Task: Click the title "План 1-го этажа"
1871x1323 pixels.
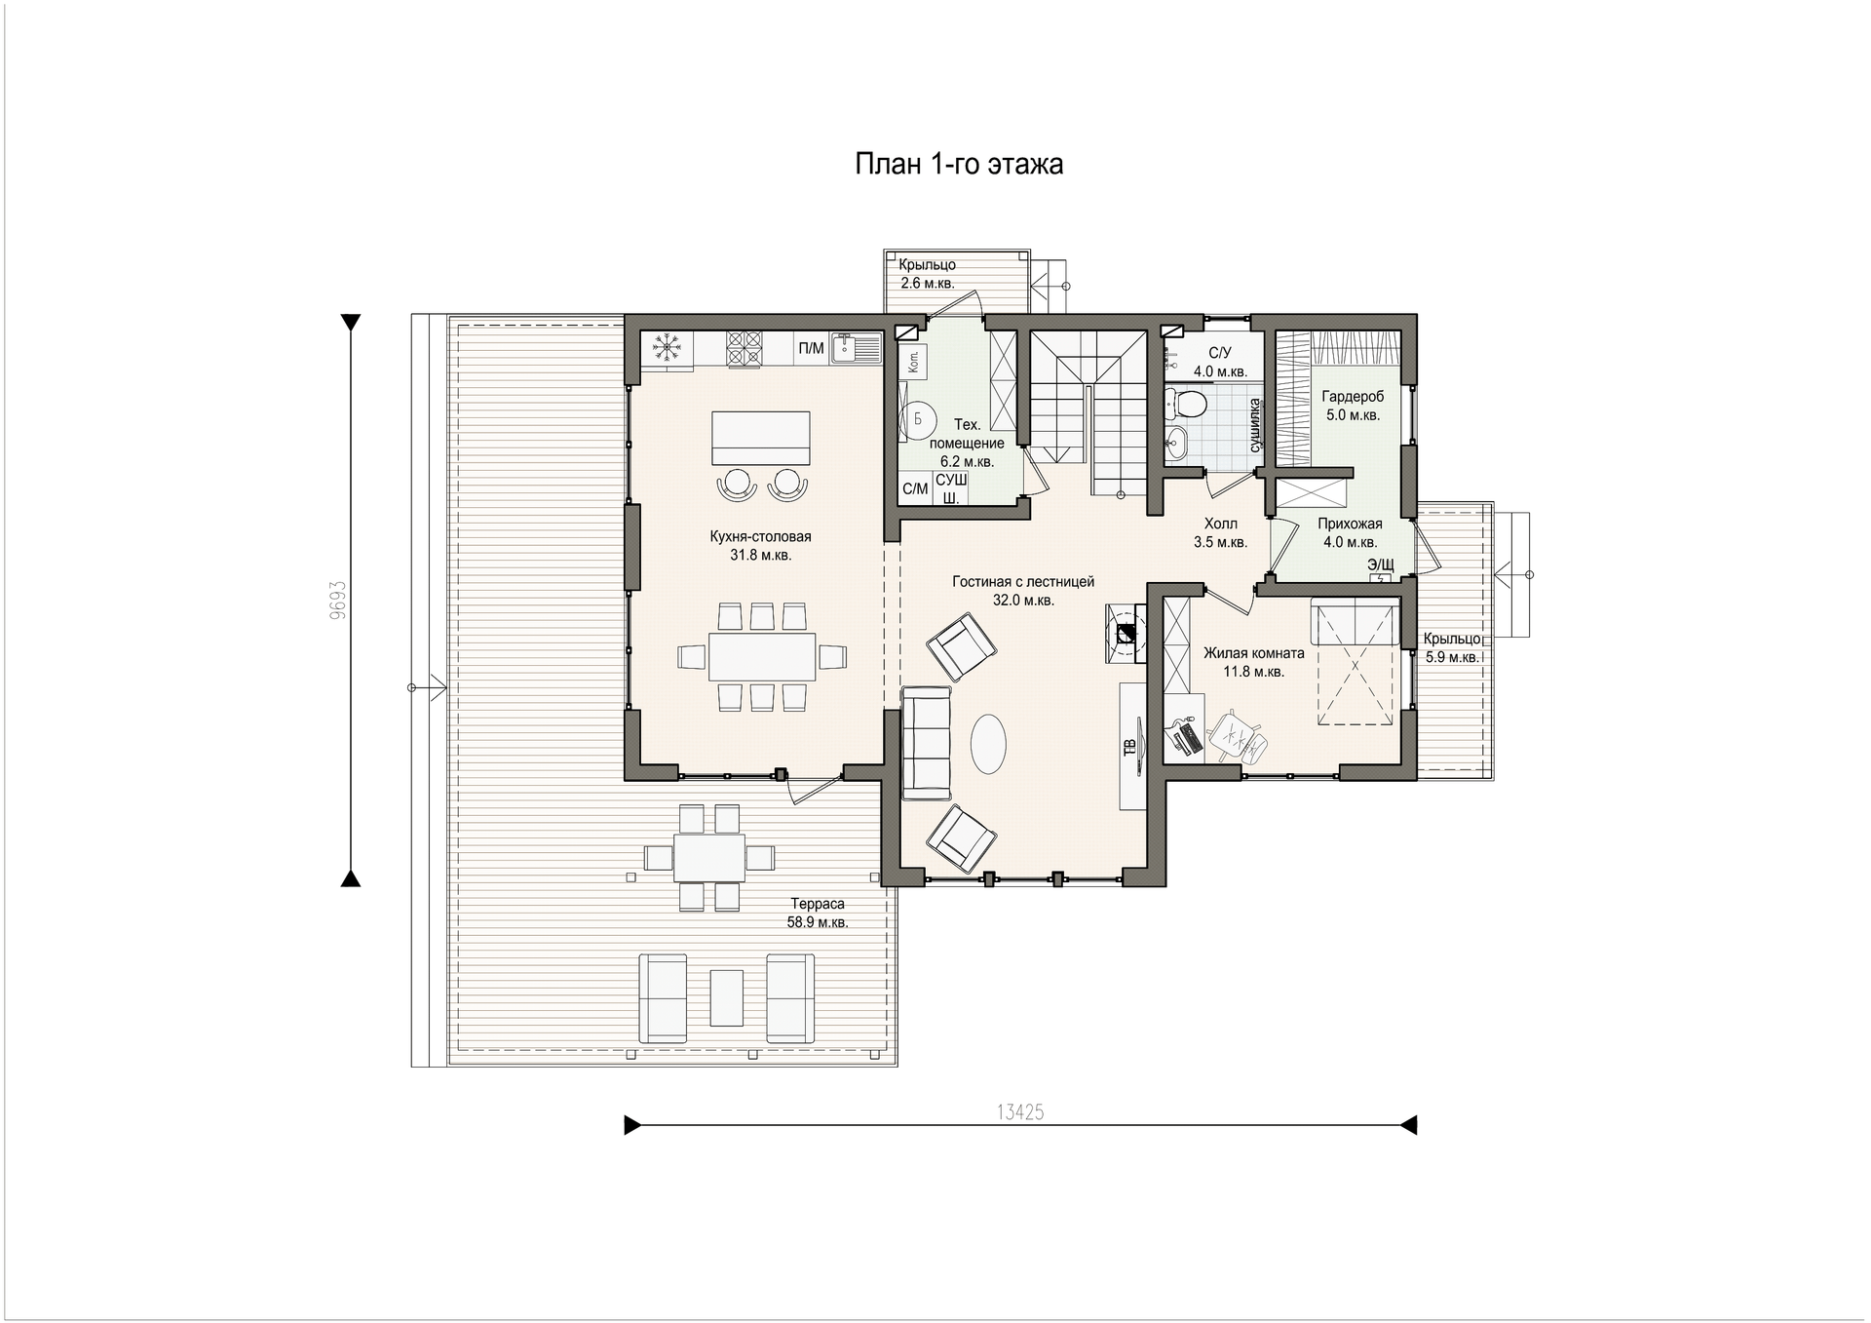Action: [x=959, y=164]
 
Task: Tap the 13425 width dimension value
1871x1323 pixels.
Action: [x=1020, y=1112]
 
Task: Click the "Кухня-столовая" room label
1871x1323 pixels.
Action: [x=760, y=536]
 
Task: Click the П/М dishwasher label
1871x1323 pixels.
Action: [x=811, y=348]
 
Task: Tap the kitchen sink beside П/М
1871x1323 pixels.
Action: [x=857, y=349]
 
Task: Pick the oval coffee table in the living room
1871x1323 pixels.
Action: [x=988, y=744]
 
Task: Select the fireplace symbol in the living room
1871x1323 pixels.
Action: [x=1126, y=633]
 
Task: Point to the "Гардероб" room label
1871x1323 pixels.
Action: [x=1353, y=397]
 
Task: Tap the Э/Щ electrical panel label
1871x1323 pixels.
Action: [x=1381, y=564]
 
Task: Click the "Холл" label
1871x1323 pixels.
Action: [x=1221, y=525]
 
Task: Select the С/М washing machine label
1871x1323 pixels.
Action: [x=915, y=489]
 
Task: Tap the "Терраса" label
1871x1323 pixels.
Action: [x=818, y=904]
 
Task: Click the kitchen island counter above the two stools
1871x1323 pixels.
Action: [x=761, y=438]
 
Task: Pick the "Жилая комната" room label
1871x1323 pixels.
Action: [x=1254, y=653]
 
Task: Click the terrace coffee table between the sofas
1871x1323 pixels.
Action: [x=726, y=997]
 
